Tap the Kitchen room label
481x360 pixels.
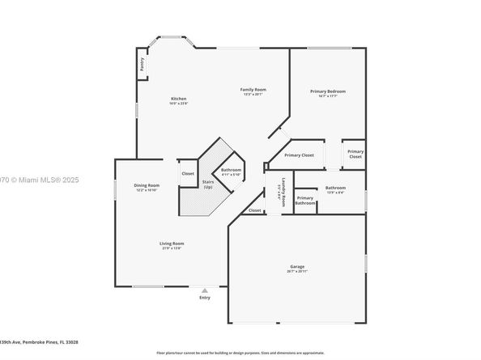(178, 99)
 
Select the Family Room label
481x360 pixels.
(253, 89)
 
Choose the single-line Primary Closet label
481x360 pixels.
(299, 155)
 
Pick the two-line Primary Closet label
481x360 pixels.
(355, 154)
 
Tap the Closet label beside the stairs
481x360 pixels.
(188, 173)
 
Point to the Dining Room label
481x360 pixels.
(147, 185)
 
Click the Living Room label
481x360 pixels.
(172, 243)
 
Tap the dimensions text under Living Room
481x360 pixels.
(172, 248)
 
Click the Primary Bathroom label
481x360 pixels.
(305, 200)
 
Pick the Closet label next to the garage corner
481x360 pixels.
(255, 210)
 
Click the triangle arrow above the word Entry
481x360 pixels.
(204, 290)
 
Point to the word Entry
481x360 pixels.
(204, 297)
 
